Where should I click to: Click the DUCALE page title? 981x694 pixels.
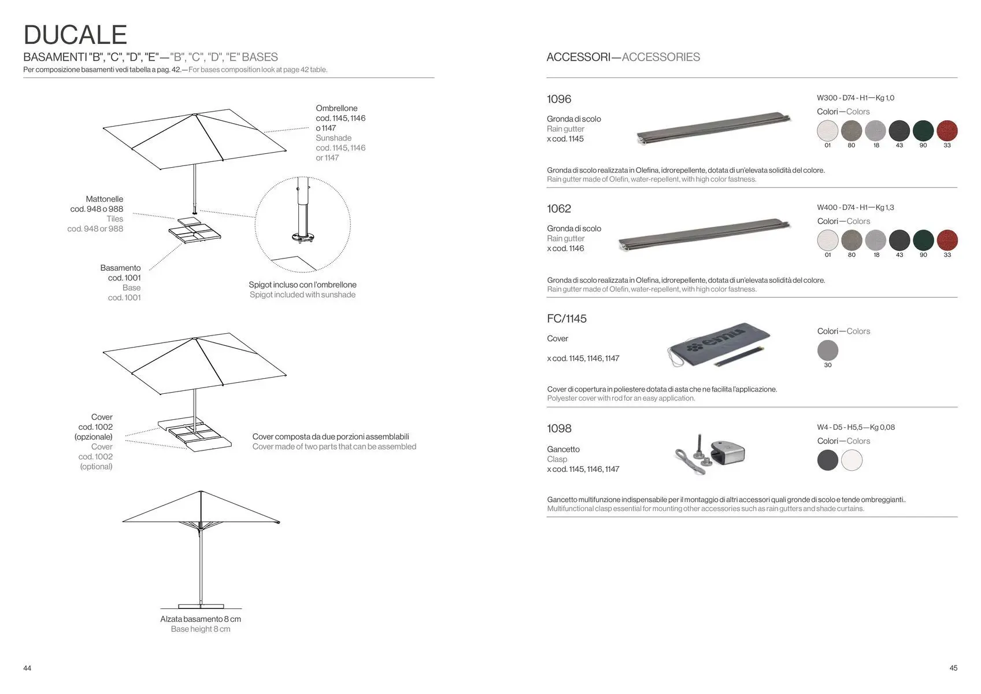(75, 35)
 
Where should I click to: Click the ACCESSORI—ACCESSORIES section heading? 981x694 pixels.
(623, 57)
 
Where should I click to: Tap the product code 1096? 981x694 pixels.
(558, 99)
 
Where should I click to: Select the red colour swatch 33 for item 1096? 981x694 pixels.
(947, 131)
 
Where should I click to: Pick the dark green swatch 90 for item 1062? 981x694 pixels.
(923, 240)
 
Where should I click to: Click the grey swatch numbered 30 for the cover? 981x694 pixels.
(828, 350)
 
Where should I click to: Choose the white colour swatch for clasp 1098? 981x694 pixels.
(852, 460)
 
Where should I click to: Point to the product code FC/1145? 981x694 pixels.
(567, 319)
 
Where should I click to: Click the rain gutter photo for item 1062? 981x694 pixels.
(704, 234)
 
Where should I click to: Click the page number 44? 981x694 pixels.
(27, 668)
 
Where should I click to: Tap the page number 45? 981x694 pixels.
(953, 668)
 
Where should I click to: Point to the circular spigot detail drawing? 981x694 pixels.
(302, 224)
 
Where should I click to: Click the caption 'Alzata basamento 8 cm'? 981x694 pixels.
(201, 619)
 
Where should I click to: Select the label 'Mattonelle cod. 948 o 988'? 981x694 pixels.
(97, 204)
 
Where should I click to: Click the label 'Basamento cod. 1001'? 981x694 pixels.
(120, 273)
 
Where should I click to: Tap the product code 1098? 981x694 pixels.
(558, 429)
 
